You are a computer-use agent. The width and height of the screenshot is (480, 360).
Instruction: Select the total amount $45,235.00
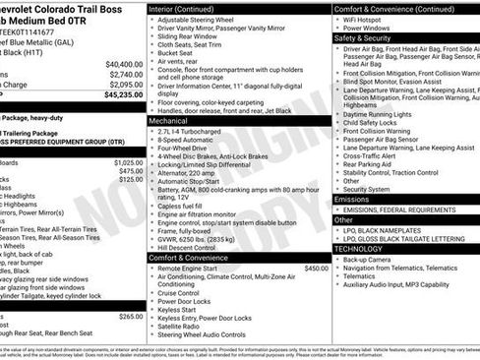click(122, 95)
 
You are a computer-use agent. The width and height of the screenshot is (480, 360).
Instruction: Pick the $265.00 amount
click(130, 317)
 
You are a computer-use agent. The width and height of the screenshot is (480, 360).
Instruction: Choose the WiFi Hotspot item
click(364, 19)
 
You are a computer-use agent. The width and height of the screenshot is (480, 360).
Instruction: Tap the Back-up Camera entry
click(369, 259)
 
